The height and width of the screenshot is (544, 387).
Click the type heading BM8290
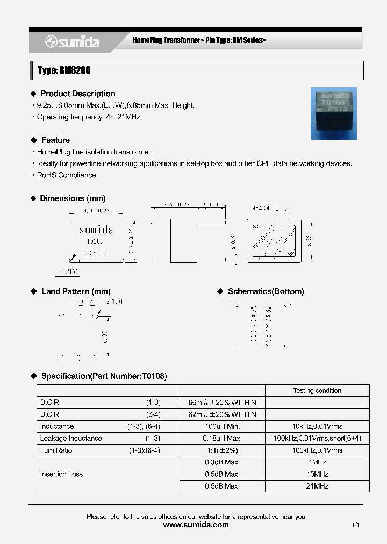[x=61, y=70]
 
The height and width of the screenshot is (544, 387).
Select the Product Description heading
[x=77, y=94]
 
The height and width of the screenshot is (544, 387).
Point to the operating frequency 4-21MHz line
[x=89, y=117]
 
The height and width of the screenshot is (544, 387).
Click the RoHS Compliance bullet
[x=67, y=175]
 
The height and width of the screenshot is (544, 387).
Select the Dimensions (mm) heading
[x=73, y=198]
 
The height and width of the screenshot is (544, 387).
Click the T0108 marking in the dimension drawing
[x=95, y=242]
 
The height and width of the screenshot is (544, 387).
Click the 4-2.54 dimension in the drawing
[x=261, y=206]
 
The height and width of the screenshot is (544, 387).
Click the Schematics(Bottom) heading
[x=266, y=291]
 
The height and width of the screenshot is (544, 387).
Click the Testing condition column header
[x=317, y=391]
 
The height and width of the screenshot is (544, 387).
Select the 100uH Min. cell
[x=222, y=426]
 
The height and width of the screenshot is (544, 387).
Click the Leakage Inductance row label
[x=71, y=438]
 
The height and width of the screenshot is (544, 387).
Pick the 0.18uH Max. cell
[x=222, y=438]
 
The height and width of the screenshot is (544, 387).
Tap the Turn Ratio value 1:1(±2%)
[x=222, y=450]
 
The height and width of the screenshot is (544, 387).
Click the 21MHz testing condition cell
[x=317, y=486]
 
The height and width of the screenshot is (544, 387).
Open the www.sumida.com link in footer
[x=196, y=525]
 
